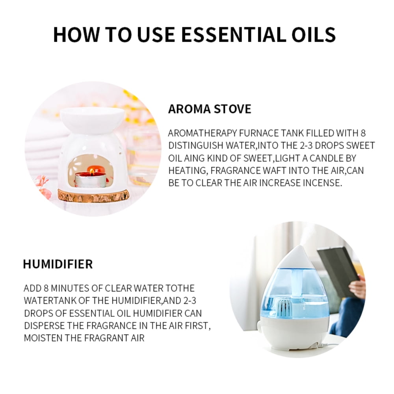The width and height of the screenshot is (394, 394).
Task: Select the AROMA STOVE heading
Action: click(x=209, y=109)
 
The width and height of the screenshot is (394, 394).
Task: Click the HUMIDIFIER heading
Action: click(x=58, y=264)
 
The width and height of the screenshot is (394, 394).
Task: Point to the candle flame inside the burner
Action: click(x=92, y=171)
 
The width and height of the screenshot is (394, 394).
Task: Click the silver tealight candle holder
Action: click(x=90, y=180)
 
